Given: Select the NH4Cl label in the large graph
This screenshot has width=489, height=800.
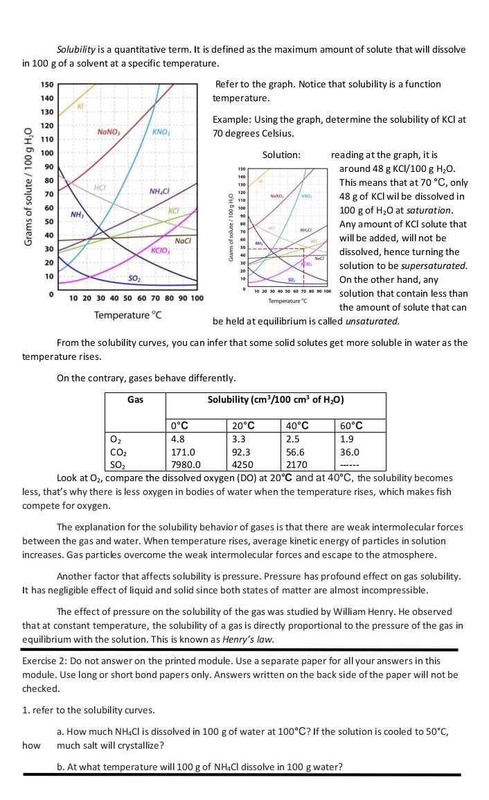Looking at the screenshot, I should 160,191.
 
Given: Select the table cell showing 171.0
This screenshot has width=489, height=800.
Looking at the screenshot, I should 182,451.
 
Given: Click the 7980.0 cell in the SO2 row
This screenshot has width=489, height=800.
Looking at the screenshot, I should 185,464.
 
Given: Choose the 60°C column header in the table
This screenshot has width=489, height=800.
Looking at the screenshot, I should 352,426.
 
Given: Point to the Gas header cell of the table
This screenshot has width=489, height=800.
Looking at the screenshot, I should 135,399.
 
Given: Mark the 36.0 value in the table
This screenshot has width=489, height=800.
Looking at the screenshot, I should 350,451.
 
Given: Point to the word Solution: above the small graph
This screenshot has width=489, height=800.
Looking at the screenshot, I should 281,155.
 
